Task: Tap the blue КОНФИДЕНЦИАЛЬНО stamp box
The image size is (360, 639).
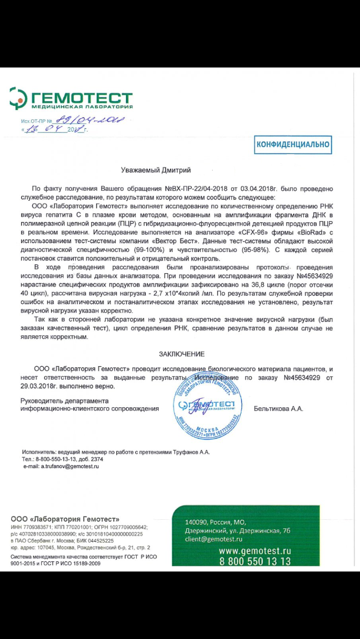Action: click(292, 145)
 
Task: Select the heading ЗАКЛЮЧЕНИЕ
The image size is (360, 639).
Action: click(181, 354)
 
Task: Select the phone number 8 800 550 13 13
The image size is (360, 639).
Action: click(255, 561)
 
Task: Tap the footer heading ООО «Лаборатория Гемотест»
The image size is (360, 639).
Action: click(65, 518)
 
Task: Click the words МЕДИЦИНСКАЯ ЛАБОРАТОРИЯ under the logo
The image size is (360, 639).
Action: click(82, 106)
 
